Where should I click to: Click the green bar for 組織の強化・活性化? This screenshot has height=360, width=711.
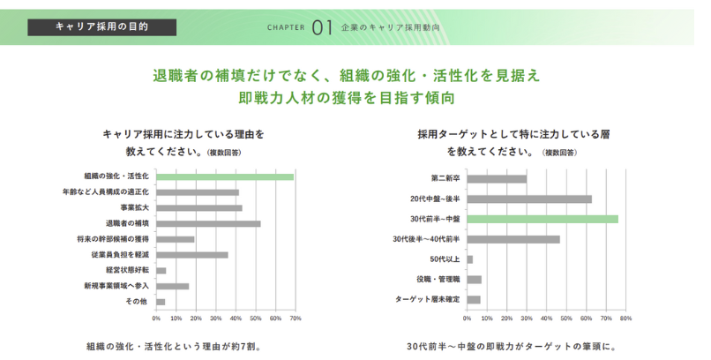(225, 176)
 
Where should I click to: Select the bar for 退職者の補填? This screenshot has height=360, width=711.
(208, 223)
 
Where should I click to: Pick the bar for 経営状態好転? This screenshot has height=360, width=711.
(161, 270)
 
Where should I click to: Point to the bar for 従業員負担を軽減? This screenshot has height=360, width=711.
(192, 255)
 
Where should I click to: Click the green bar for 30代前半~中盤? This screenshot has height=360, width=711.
(542, 219)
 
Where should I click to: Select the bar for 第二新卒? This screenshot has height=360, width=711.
(497, 179)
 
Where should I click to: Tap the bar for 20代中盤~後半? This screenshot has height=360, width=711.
(529, 199)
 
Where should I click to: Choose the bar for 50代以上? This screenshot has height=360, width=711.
(470, 259)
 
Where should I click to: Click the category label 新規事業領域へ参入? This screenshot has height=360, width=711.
(116, 286)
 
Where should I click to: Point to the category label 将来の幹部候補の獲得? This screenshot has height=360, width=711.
(113, 239)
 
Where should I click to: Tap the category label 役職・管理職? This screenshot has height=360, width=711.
(438, 279)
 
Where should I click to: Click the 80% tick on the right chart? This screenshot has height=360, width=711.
(625, 318)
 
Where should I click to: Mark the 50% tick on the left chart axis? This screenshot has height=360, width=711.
(256, 318)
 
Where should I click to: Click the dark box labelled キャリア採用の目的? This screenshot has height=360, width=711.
(101, 26)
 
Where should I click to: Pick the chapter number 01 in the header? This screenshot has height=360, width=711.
(322, 27)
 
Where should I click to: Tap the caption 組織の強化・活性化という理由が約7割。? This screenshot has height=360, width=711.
(173, 347)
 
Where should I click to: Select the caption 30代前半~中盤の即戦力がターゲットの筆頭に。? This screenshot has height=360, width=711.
(516, 347)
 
